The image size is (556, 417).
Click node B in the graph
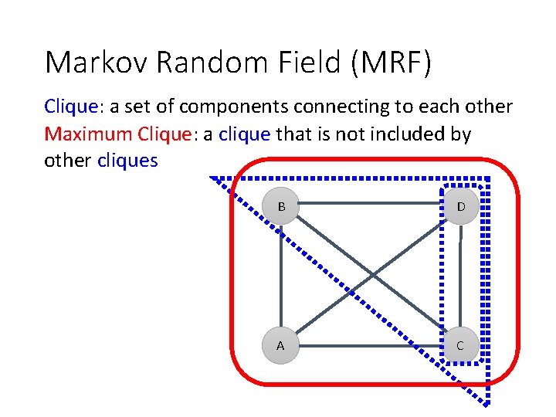pyautogui.click(x=281, y=207)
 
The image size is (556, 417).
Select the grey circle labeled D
pyautogui.click(x=460, y=207)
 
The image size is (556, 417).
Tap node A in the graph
pyautogui.click(x=280, y=345)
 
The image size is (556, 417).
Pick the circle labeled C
pyautogui.click(x=460, y=345)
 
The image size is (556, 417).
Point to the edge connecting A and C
pyautogui.click(x=363, y=345)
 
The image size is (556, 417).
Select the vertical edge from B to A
pyautogui.click(x=281, y=276)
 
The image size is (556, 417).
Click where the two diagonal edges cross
pyautogui.click(x=371, y=276)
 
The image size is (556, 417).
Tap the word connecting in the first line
pyautogui.click(x=363, y=107)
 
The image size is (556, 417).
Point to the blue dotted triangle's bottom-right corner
pyautogui.click(x=488, y=402)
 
